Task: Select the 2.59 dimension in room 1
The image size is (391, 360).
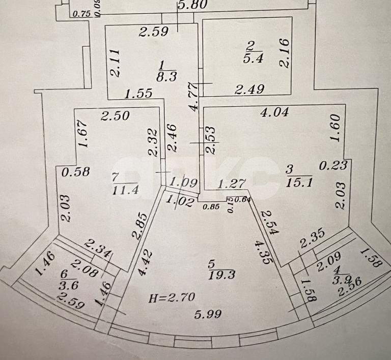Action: pyautogui.click(x=154, y=33)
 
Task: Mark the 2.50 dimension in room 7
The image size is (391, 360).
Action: pyautogui.click(x=115, y=116)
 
